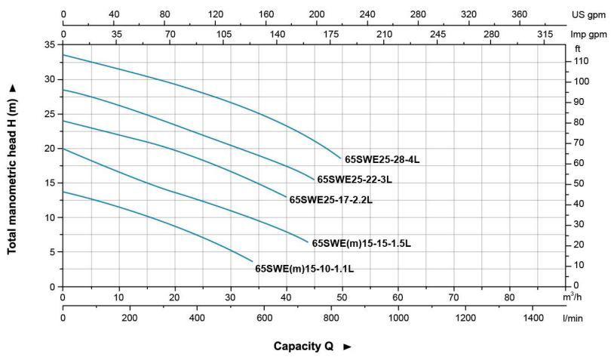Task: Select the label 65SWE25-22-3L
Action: click(355, 180)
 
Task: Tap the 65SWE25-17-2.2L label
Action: click(330, 200)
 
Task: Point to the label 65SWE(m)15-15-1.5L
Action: click(361, 243)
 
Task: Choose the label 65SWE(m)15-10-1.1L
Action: click(304, 268)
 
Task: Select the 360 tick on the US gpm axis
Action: click(520, 14)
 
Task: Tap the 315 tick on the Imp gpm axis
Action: click(545, 35)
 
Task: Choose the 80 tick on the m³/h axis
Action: click(509, 297)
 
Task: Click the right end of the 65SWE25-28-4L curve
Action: click(341, 158)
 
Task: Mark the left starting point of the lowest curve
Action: click(63, 192)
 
